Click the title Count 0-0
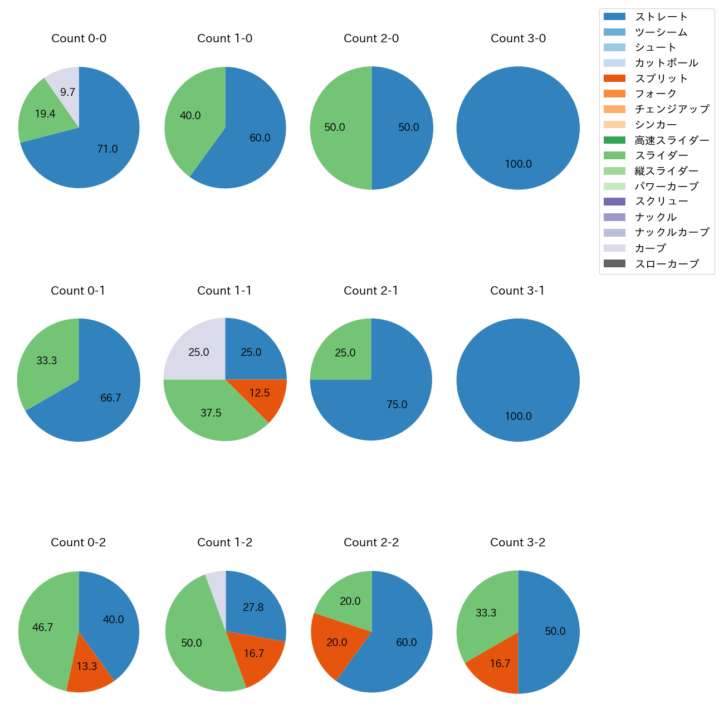point(79,38)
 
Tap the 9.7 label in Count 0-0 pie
point(67,92)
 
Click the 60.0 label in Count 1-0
point(260,138)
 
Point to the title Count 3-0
point(518,38)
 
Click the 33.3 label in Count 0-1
point(47,361)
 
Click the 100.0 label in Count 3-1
point(518,417)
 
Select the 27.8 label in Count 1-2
point(253,608)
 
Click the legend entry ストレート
point(661,17)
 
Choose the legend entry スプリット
point(661,79)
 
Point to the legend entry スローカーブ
point(667,264)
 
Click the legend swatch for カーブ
point(614,248)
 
